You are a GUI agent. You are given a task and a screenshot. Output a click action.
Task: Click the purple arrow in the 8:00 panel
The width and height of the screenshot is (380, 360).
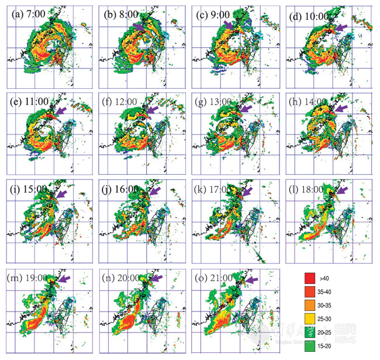pos(140,27)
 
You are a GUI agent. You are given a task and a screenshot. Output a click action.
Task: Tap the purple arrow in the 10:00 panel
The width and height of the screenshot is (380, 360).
pos(341,27)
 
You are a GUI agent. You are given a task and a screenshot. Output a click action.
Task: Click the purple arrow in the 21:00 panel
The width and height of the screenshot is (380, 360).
pos(250,281)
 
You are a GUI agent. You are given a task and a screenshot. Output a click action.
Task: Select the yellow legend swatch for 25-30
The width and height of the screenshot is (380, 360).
pos(312,318)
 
